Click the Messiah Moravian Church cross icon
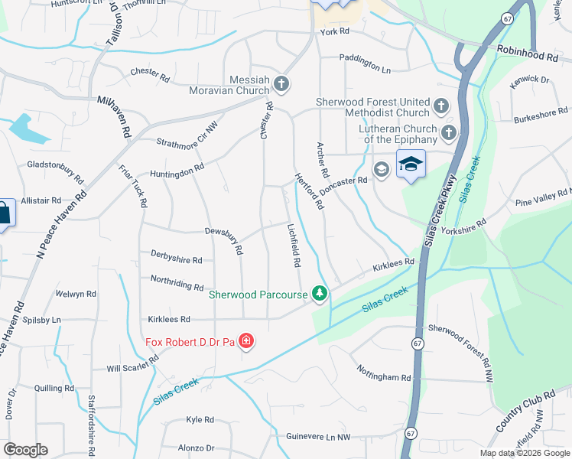[281, 83]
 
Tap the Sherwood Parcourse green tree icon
[320, 294]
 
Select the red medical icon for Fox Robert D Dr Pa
[246, 340]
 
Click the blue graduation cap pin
[411, 164]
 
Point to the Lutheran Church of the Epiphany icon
[448, 134]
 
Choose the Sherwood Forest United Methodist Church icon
[441, 105]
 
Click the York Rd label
[335, 31]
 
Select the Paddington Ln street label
[366, 68]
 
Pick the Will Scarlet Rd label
[132, 368]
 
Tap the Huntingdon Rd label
[177, 171]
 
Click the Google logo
[25, 450]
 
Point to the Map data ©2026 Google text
[525, 453]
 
